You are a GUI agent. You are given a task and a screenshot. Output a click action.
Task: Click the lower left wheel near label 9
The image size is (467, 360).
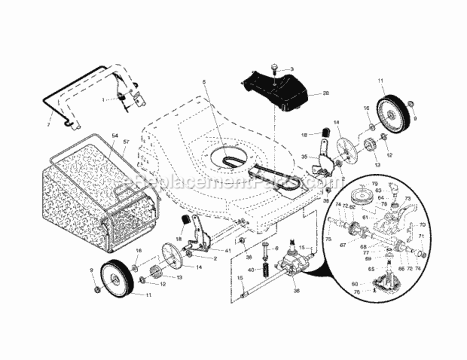tap(117, 277)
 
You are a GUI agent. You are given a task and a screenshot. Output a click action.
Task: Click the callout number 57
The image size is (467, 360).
tap(127, 142)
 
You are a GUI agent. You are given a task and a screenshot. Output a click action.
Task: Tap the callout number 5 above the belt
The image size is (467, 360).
tap(204, 82)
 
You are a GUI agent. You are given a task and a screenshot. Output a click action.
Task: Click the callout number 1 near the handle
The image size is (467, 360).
tap(103, 100)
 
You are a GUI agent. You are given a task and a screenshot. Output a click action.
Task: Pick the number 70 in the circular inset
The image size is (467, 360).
tap(422, 224)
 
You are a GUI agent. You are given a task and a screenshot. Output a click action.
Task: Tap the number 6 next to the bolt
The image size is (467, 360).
tap(276, 248)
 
